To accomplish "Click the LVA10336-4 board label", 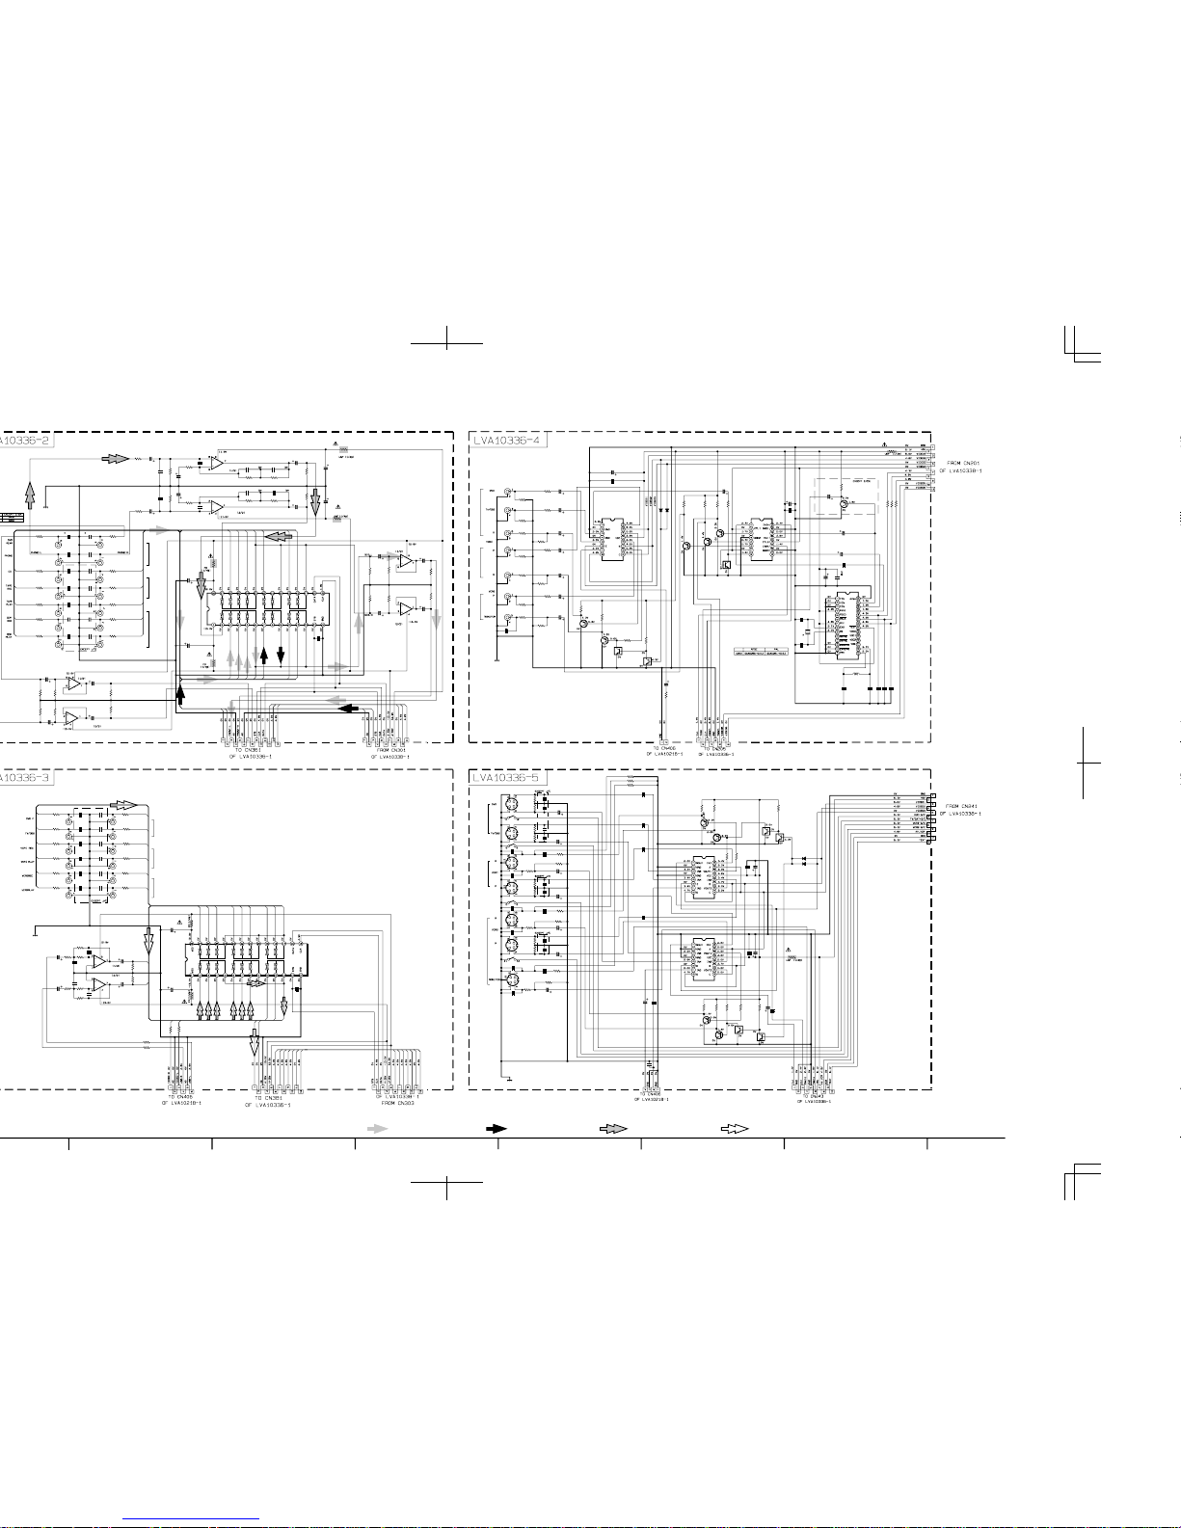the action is coord(507,441).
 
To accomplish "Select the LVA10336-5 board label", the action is coord(507,778).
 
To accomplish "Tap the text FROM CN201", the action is coord(963,463).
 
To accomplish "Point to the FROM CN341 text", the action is coord(963,806).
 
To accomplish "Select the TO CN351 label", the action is coord(273,1098).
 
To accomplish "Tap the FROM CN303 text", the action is coord(397,1103).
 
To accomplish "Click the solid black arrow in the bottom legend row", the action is coord(496,1128).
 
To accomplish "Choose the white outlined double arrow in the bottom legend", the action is coord(735,1128).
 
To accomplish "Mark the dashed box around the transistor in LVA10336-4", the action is coord(843,503).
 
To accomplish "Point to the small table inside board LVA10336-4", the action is coord(762,651).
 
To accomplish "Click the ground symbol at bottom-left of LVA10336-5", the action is coord(504,1078).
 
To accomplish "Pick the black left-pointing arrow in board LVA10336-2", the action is coord(351,709).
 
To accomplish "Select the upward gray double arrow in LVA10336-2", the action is coord(30,495).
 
